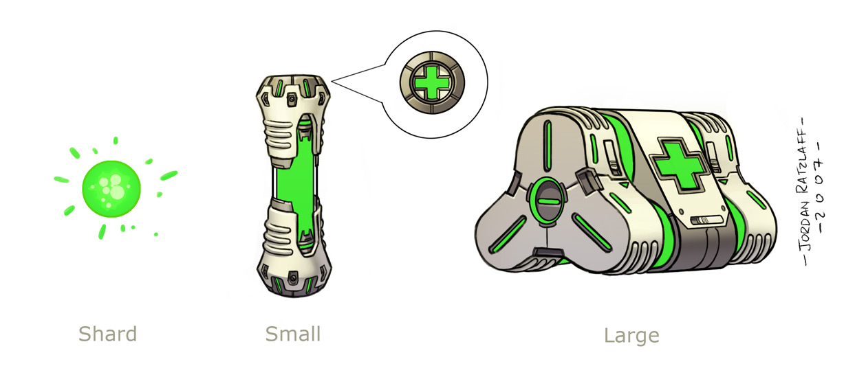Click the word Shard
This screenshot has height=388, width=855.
[x=107, y=334]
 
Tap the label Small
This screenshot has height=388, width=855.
[x=293, y=334]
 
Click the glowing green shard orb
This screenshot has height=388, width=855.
[x=111, y=189]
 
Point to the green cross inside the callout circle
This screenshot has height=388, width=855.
[x=432, y=82]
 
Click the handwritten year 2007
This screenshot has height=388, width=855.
[x=821, y=187]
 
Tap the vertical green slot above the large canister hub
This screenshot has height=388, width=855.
[x=548, y=146]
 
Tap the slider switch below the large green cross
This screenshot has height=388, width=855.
[x=707, y=220]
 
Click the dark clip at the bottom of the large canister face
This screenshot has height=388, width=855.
[x=549, y=252]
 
